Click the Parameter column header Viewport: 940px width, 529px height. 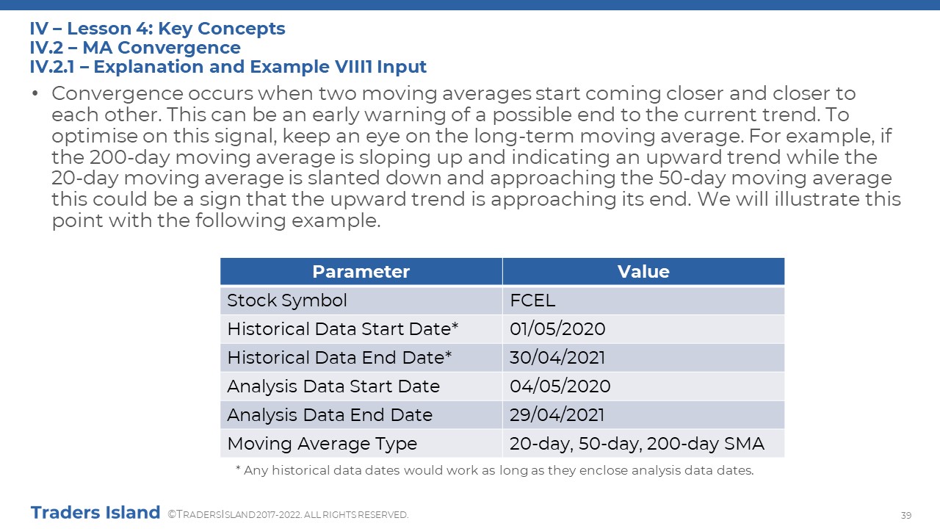[361, 272]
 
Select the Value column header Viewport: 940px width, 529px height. [643, 272]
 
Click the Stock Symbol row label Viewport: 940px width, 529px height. [287, 301]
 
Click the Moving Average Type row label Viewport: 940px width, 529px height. [322, 444]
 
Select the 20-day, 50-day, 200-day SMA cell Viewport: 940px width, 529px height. [637, 444]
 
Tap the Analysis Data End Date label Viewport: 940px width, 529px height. [330, 415]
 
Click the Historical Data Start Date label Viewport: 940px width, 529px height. [342, 328]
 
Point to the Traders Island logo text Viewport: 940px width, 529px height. [95, 513]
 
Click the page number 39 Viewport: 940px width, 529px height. [906, 515]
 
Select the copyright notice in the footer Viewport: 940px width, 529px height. [288, 515]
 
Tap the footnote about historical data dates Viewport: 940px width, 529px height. [495, 470]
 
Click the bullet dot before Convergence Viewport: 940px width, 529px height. [35, 93]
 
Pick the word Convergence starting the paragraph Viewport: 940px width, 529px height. [117, 93]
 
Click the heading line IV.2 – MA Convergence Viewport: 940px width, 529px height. [135, 48]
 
